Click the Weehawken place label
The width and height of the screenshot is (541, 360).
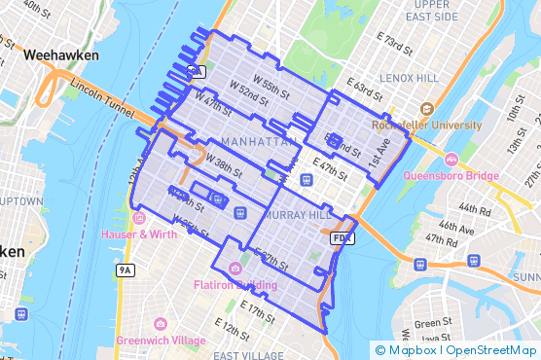[x=62, y=55]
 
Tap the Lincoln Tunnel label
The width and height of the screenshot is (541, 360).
[x=100, y=98]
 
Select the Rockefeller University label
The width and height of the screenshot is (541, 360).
[x=426, y=126]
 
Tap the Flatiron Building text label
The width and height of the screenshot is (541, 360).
[x=234, y=285]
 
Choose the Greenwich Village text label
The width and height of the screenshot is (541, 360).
[x=161, y=340]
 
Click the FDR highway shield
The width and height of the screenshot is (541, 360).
[x=341, y=236]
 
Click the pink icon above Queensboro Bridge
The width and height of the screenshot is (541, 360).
[x=451, y=160]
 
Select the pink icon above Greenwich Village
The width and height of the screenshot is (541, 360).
[x=161, y=323]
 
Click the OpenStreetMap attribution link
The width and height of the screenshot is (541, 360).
[x=493, y=350]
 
